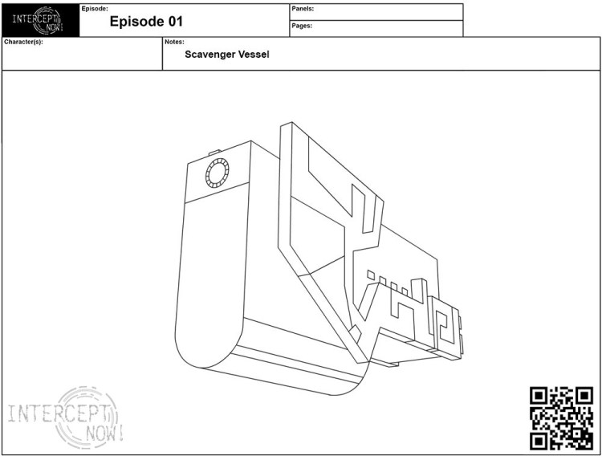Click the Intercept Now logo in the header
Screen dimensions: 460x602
point(40,20)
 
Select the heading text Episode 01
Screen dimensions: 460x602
point(146,22)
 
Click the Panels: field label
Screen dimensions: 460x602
point(303,8)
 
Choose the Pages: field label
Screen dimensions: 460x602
point(302,26)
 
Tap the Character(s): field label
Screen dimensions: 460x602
point(23,42)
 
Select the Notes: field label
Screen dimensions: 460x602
point(174,42)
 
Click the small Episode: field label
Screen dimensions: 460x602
point(95,7)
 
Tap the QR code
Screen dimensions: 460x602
point(562,417)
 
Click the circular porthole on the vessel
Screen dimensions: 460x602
point(217,173)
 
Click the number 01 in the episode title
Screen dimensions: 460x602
point(175,22)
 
